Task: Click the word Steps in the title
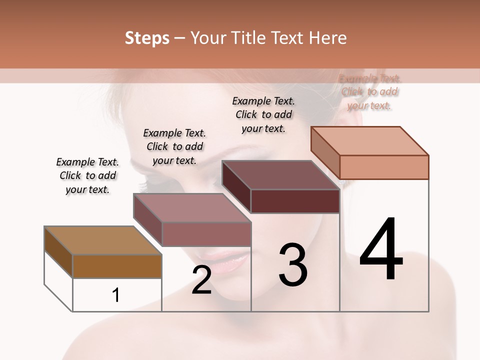point(147,38)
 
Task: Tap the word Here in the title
point(326,38)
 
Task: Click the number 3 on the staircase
point(293,264)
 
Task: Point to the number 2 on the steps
point(201,280)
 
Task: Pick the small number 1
point(116,295)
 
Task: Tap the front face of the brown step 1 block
point(117,266)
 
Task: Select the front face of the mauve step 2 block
point(206,234)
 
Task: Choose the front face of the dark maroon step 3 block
point(295,201)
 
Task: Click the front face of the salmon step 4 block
point(384,167)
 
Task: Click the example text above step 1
point(87,176)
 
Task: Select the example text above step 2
point(174,146)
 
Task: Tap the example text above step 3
point(263,114)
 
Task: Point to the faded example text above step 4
point(369,92)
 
